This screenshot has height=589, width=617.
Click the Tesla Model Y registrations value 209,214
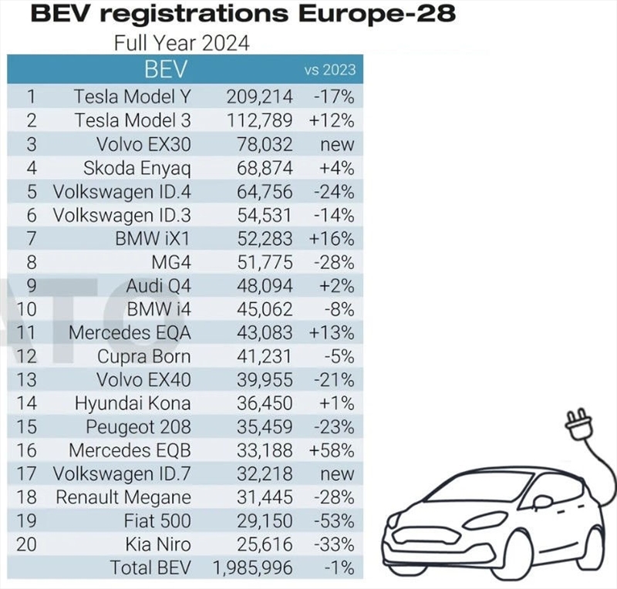(x=260, y=96)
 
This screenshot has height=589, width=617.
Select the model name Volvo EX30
(x=144, y=144)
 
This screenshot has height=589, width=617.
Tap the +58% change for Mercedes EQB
(x=334, y=449)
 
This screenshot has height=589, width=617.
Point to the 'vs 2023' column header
(x=330, y=69)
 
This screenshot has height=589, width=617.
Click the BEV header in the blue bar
(x=166, y=69)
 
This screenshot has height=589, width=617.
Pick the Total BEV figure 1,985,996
(x=252, y=568)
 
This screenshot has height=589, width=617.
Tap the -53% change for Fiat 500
(x=335, y=521)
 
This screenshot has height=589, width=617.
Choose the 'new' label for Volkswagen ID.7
(x=338, y=473)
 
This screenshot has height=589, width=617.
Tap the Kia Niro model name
(x=157, y=544)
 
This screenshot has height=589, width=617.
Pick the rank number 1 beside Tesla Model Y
(x=31, y=96)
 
